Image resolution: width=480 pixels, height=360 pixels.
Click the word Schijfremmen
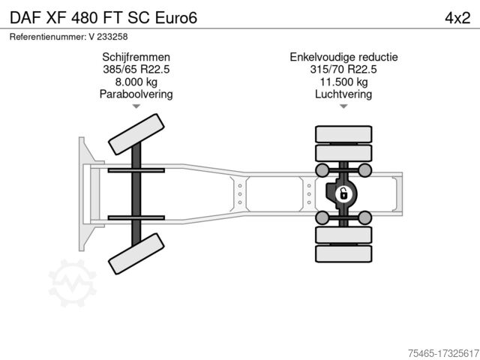pyautogui.click(x=136, y=57)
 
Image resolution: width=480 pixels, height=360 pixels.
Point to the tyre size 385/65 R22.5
pyautogui.click(x=136, y=70)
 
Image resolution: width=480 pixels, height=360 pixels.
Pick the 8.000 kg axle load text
pyautogui.click(x=136, y=82)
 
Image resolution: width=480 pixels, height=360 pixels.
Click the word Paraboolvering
pyautogui.click(x=136, y=94)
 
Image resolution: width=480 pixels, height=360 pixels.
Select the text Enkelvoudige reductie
pyautogui.click(x=343, y=57)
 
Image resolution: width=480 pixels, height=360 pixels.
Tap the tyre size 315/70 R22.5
pyautogui.click(x=343, y=70)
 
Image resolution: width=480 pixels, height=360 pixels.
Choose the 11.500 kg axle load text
pyautogui.click(x=343, y=82)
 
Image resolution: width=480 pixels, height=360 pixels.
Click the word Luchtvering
pyautogui.click(x=343, y=94)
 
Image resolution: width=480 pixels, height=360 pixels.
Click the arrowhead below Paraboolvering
pyautogui.click(x=136, y=106)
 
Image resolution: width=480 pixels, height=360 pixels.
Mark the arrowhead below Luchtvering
pyautogui.click(x=343, y=106)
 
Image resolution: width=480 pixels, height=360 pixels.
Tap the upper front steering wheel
pyautogui.click(x=136, y=133)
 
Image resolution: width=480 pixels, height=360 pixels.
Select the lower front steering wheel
pyautogui.click(x=136, y=253)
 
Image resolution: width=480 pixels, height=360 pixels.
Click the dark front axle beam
pyautogui.click(x=136, y=193)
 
